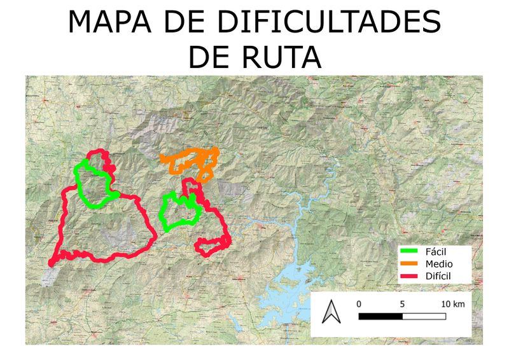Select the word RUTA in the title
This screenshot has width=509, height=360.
coord(282,57)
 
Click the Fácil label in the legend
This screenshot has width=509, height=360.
coord(436,252)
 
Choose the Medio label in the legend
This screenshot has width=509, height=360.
coord(438,263)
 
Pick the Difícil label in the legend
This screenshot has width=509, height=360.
coord(438,275)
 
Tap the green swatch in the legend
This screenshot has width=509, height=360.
coord(412,253)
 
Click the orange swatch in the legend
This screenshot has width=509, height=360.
coord(412,264)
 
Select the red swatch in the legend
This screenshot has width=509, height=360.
coord(412,275)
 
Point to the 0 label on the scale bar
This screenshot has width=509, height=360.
coord(359,304)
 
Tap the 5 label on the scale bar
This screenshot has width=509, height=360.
coord(403,304)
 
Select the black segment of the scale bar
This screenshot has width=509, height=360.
coord(380,315)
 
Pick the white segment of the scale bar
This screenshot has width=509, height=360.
coord(424,315)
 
